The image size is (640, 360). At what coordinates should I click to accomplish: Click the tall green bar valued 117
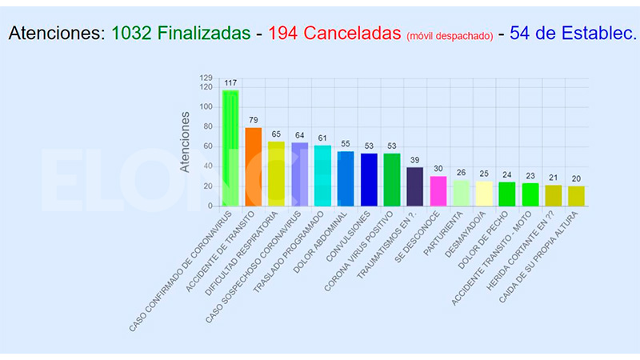coord(230,148)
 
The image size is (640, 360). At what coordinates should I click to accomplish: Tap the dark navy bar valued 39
coord(415,186)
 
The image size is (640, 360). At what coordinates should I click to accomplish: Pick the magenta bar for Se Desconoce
coord(438,190)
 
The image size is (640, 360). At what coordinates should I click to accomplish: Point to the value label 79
coord(254,120)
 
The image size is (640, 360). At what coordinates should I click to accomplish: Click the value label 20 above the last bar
coord(576,178)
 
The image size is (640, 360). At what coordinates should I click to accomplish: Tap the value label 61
coord(322,138)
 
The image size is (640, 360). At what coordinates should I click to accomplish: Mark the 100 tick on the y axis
coord(206,106)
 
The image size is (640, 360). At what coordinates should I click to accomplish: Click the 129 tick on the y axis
coord(206,78)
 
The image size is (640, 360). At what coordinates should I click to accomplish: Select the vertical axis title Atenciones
coord(185,142)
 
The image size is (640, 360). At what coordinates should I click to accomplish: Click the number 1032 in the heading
coord(131,34)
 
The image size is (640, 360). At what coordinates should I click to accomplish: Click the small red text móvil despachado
coord(449,36)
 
